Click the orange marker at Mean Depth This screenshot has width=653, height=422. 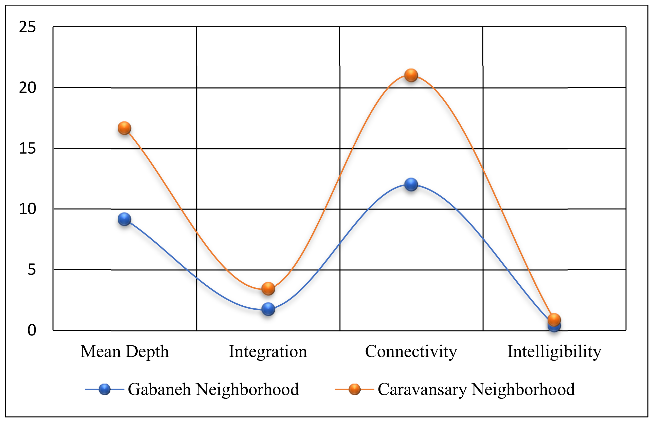[x=124, y=128]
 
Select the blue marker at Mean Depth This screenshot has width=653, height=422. [x=124, y=219]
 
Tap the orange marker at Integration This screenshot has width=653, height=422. [x=268, y=288]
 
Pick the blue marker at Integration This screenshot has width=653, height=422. [x=268, y=309]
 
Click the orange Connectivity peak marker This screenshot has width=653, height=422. [x=411, y=75]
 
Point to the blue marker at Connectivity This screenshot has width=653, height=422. [x=411, y=184]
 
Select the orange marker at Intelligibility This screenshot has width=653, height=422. [x=554, y=319]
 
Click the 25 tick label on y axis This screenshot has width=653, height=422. [x=27, y=27]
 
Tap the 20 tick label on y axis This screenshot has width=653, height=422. [x=27, y=88]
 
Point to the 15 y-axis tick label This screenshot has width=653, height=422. [x=27, y=149]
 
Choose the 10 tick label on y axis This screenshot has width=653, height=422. [x=27, y=209]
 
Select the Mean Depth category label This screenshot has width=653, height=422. [x=124, y=351]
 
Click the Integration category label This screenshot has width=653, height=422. [x=268, y=351]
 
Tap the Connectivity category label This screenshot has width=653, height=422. [x=411, y=351]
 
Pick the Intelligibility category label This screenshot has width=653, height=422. [x=554, y=351]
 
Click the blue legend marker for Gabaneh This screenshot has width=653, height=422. [x=104, y=389]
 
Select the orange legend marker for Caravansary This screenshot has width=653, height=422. [x=354, y=389]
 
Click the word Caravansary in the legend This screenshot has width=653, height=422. [x=422, y=389]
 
